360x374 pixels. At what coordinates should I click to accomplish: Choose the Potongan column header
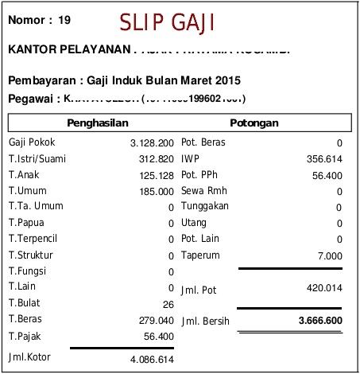tap(254, 124)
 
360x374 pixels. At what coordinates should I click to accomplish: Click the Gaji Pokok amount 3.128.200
tap(151, 143)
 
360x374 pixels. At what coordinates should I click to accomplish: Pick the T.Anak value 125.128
tap(156, 175)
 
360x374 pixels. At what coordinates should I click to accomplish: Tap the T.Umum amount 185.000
tap(156, 192)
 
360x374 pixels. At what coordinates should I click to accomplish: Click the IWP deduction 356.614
tap(323, 159)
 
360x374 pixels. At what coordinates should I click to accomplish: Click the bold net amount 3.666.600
tap(319, 321)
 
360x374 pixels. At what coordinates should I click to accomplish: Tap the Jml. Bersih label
tap(205, 321)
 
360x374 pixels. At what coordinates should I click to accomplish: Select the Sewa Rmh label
tap(204, 191)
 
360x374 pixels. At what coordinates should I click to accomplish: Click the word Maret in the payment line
tap(194, 81)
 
